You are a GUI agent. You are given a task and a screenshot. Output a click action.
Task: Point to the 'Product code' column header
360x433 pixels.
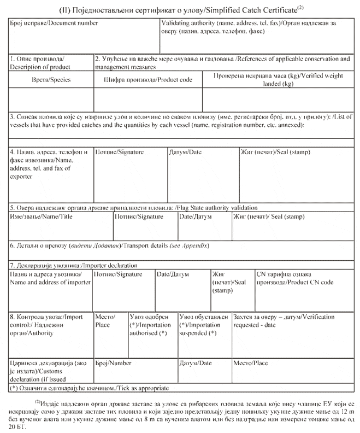pos(147,80)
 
